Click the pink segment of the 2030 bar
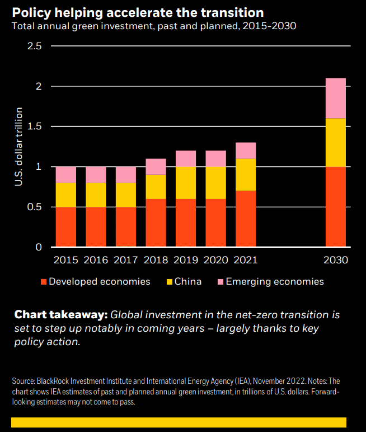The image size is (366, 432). click(x=335, y=98)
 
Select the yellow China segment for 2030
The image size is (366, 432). click(x=335, y=142)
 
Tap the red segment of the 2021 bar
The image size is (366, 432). click(x=245, y=219)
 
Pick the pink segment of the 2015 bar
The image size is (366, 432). click(x=65, y=174)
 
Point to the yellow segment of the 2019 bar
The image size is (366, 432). click(x=185, y=183)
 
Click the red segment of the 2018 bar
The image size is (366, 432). click(x=156, y=222)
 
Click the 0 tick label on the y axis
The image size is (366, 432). click(x=39, y=247)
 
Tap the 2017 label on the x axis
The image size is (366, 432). click(x=125, y=261)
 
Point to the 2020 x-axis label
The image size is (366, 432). click(x=215, y=261)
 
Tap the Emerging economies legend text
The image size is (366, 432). click(x=275, y=281)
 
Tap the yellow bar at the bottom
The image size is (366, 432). click(x=179, y=422)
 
